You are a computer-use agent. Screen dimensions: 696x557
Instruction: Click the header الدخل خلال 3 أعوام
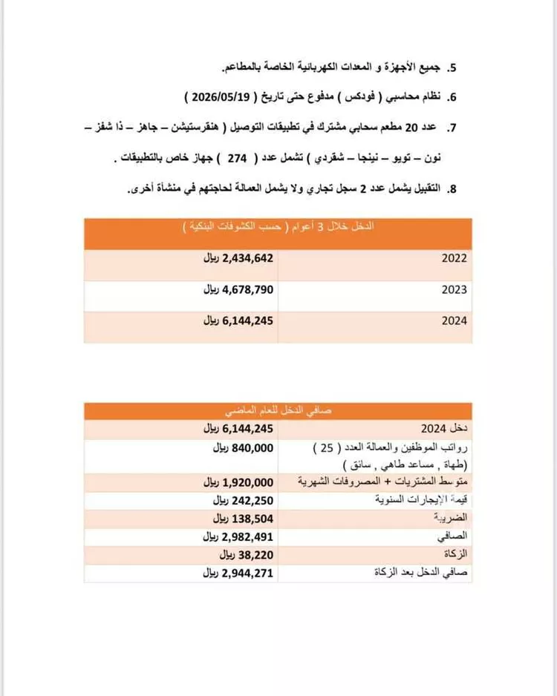click(x=278, y=227)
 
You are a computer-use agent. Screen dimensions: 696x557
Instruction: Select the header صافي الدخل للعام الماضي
click(x=278, y=410)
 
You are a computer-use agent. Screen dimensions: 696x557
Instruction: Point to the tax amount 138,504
click(x=244, y=518)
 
